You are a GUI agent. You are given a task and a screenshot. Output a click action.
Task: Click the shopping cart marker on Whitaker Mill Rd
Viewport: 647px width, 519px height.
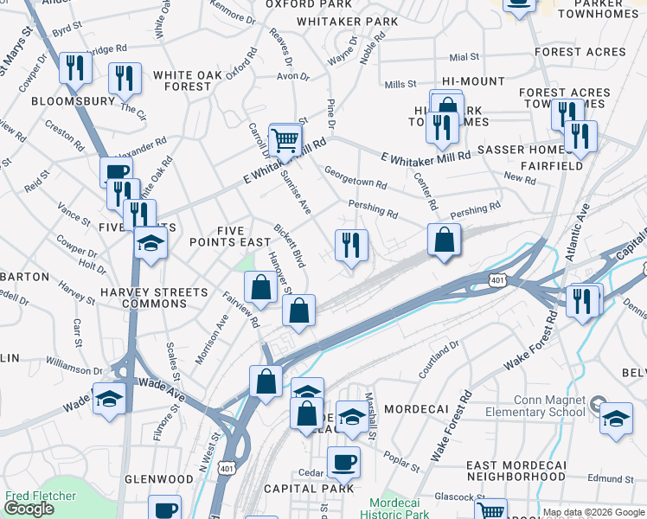click(x=285, y=139)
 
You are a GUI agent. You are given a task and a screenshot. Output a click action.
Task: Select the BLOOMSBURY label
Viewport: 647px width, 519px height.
click(x=73, y=101)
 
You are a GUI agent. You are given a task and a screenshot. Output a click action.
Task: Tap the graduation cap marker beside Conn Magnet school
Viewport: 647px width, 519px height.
click(x=616, y=419)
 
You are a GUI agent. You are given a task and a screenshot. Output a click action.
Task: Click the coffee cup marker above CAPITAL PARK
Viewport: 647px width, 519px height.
click(x=343, y=463)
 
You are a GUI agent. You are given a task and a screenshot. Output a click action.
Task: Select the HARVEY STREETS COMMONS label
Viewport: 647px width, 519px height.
click(x=154, y=298)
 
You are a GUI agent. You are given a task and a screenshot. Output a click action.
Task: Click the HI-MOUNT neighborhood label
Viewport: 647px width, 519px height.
click(x=472, y=80)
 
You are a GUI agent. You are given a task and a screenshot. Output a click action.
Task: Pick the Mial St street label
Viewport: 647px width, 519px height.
click(x=464, y=57)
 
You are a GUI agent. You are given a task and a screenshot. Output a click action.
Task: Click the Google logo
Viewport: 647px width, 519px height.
click(x=29, y=509)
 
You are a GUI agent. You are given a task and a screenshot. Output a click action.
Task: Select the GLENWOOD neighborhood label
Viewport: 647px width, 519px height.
click(x=158, y=478)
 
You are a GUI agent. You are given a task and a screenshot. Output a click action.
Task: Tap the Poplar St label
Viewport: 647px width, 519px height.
click(x=402, y=461)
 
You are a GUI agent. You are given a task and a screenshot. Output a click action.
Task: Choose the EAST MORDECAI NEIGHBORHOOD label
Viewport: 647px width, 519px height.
click(x=516, y=471)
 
